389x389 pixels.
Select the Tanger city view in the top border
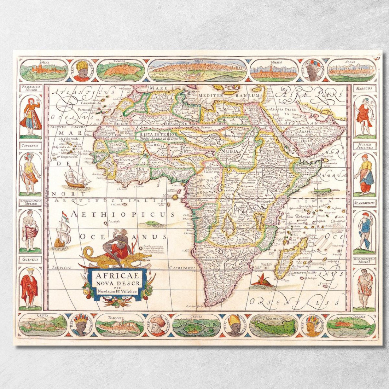point(121,70)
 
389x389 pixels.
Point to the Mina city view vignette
point(44,70)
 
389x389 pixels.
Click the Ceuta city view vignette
point(43,325)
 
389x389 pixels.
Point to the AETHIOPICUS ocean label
point(122,214)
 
